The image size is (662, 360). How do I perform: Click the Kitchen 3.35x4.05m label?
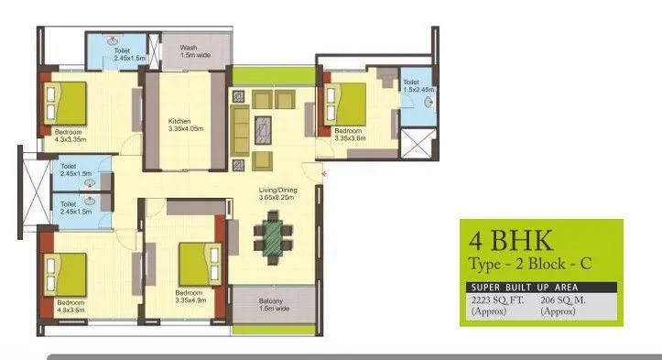coord(185,125)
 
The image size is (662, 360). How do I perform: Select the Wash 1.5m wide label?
coord(190,51)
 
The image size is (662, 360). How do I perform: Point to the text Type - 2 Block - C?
coord(531,264)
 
